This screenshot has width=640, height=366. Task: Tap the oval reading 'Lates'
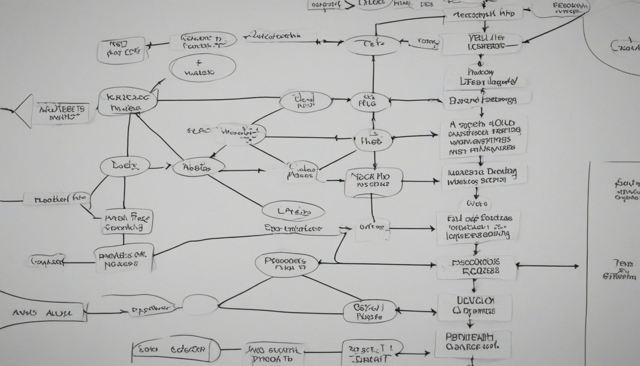[x=293, y=211]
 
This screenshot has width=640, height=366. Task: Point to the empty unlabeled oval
[x=201, y=305]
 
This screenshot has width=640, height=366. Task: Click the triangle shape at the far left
[x=22, y=110]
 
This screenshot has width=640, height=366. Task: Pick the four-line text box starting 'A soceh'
[x=484, y=137]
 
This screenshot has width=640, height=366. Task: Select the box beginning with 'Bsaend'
[x=487, y=99]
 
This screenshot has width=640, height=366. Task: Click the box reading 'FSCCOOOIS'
[x=476, y=267]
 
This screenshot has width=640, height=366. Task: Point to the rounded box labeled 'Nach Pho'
[x=373, y=181]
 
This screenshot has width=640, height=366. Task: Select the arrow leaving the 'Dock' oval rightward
[x=156, y=168]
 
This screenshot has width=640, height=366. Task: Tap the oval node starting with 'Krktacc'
[x=127, y=102]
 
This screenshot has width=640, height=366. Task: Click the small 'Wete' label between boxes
[x=478, y=204]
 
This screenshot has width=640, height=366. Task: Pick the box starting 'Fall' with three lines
[x=477, y=227]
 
